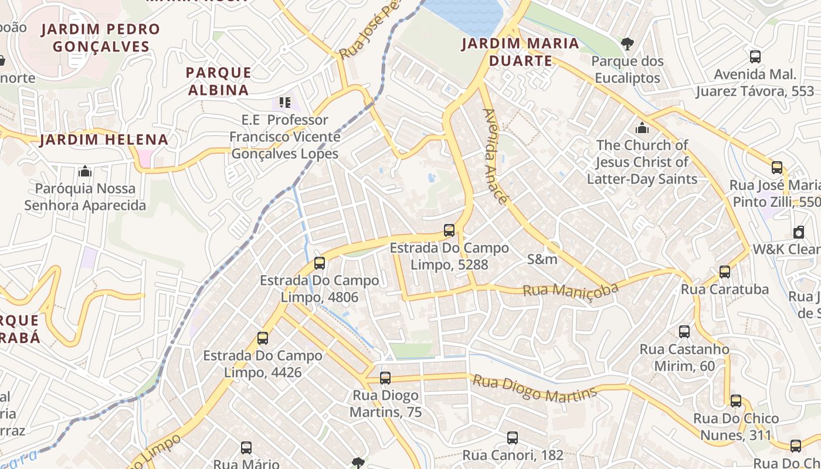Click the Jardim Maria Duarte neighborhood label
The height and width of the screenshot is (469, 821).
coord(520,52)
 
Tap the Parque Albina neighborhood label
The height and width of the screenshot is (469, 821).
coord(218,81)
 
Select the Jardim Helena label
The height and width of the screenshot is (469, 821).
coord(104,140)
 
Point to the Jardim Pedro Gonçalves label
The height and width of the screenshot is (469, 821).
coord(100,38)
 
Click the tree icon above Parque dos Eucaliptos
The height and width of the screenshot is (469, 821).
coord(627,43)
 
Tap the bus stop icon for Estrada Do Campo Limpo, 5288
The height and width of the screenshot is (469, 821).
coord(449,230)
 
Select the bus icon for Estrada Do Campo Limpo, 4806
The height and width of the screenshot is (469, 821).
coord(320,263)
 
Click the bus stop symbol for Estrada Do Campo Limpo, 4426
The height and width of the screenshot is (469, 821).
coord(263,338)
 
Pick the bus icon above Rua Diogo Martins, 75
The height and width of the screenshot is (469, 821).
coord(385,378)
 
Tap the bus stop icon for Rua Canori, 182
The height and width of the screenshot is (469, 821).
coord(513,437)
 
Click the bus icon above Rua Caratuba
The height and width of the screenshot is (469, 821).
coord(725,271)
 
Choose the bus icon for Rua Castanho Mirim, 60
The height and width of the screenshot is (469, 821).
coord(684,331)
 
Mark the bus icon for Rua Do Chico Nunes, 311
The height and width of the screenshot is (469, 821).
coord(736,401)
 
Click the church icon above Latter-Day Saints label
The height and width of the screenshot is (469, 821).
coord(642,127)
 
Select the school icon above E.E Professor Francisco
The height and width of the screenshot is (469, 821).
coord(285,103)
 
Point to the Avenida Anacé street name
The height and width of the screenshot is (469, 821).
coord(494,156)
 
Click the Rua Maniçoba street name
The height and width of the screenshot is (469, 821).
coord(571,290)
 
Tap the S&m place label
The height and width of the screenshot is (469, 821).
coord(542,259)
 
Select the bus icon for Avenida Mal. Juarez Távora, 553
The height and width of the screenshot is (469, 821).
coord(755,57)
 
